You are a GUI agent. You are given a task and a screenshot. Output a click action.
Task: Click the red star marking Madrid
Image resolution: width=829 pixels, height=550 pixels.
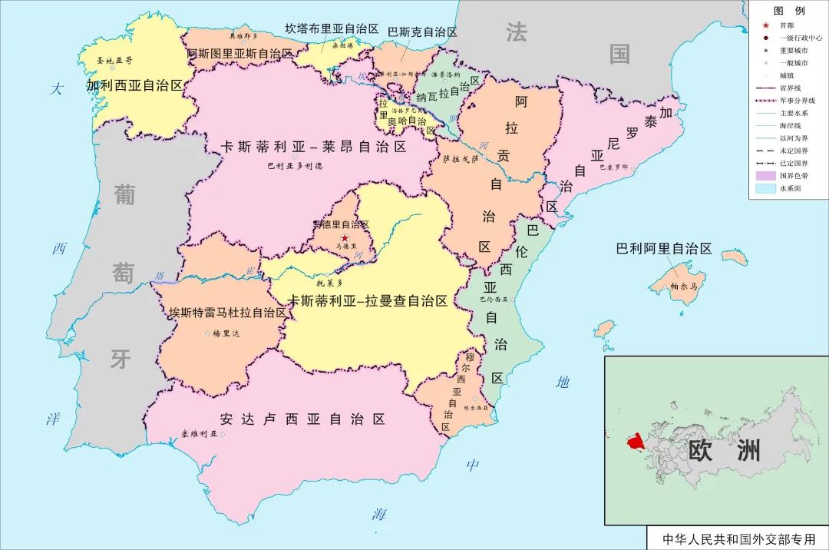tap(345, 238)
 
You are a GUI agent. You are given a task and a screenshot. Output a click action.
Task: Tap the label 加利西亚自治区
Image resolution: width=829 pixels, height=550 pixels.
tap(135, 85)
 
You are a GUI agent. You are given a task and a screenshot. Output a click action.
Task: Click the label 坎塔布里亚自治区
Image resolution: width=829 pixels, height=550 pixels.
tap(332, 28)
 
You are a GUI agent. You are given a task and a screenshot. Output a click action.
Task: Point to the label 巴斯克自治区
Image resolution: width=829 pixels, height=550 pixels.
tap(422, 32)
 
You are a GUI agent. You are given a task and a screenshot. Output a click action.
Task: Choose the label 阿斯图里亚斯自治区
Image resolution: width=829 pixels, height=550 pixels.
tap(240, 54)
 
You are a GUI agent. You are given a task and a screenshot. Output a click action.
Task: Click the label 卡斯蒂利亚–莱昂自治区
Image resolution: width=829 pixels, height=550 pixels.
tap(313, 147)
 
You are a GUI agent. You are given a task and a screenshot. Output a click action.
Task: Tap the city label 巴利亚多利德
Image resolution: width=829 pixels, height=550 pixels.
tap(295, 165)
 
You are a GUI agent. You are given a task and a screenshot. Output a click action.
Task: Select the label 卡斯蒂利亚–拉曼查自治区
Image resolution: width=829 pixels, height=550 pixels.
tap(367, 301)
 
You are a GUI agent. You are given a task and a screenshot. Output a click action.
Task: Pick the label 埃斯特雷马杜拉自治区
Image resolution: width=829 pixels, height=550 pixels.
tap(228, 313)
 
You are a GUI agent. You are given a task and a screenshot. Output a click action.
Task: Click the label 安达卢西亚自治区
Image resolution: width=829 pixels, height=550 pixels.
tap(302, 419)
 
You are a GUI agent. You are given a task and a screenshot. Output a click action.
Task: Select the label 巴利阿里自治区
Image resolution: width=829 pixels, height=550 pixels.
tap(664, 249)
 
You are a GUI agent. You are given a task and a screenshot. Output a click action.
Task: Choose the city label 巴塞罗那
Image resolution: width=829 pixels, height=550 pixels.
tap(612, 166)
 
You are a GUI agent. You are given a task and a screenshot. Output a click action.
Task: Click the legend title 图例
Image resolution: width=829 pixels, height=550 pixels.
tap(788, 11)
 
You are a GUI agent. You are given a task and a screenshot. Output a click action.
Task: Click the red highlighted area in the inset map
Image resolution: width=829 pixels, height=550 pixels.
tap(636, 442)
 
